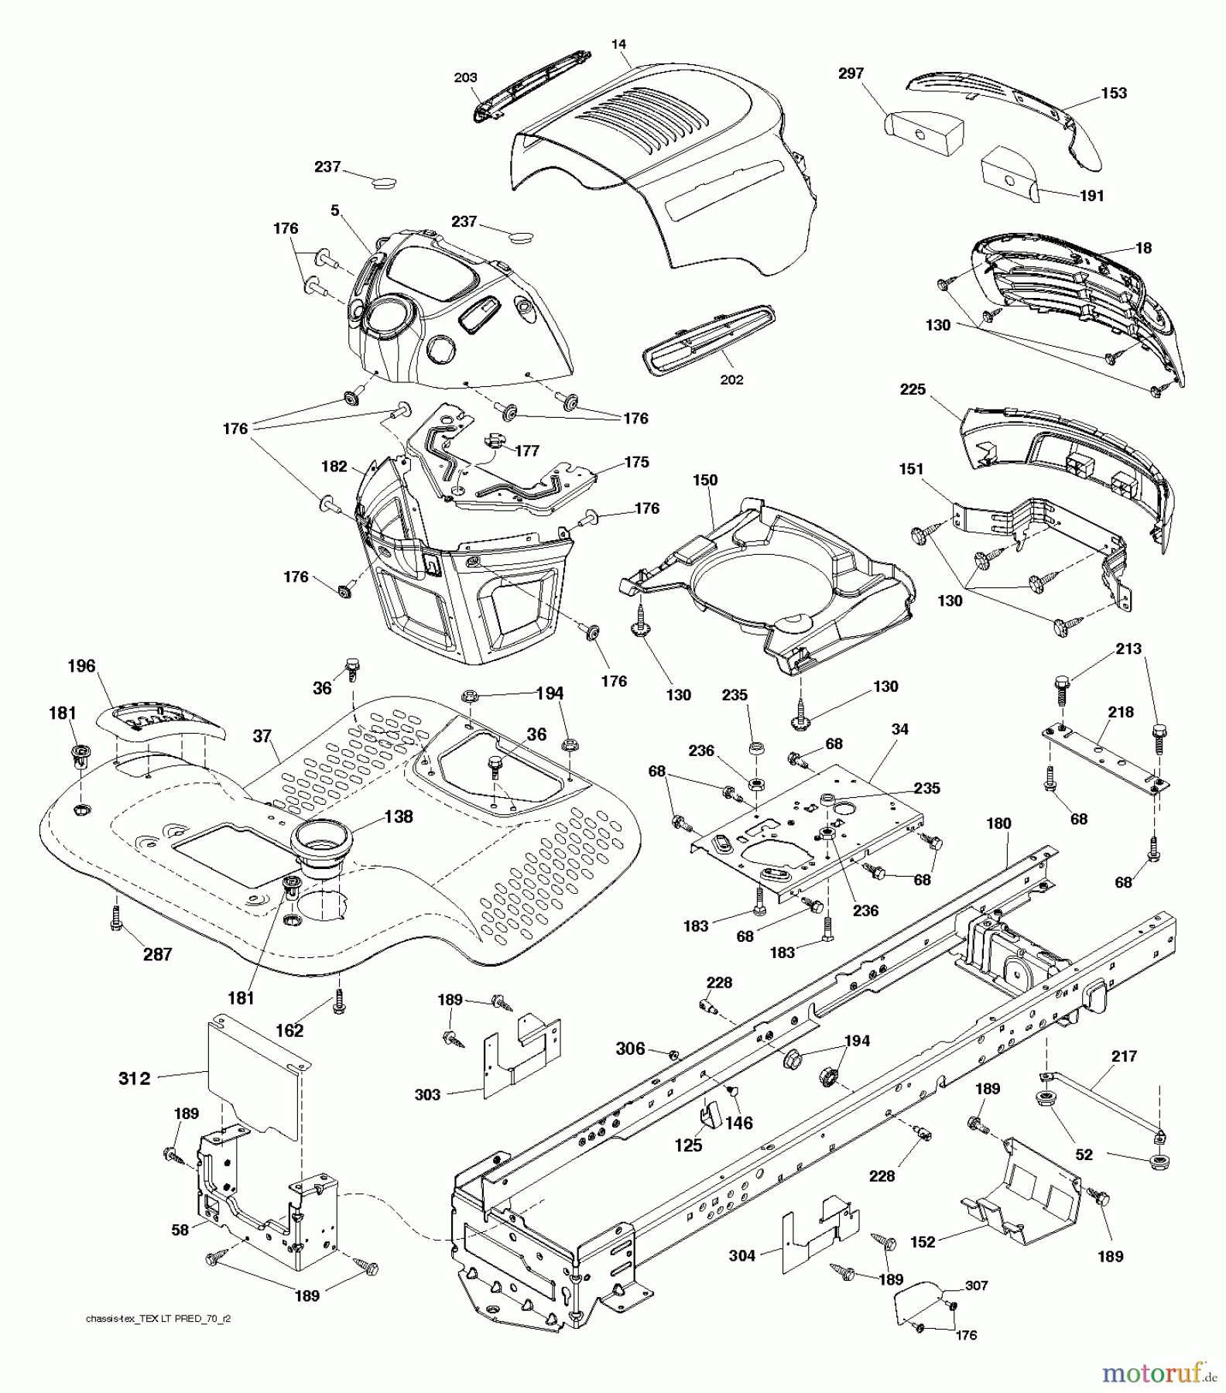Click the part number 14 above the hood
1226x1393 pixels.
click(618, 45)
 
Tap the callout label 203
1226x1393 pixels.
click(465, 77)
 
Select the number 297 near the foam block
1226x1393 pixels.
click(851, 74)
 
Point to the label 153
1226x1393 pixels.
click(1114, 93)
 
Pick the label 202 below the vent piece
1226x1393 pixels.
click(731, 380)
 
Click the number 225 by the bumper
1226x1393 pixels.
click(913, 389)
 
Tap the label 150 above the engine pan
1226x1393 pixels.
click(705, 481)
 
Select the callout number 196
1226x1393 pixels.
click(81, 666)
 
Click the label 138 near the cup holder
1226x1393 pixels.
click(399, 816)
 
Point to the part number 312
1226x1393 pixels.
click(135, 1078)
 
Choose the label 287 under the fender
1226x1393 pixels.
click(158, 954)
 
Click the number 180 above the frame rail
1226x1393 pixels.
click(998, 823)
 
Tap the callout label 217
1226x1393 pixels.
click(1124, 1056)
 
